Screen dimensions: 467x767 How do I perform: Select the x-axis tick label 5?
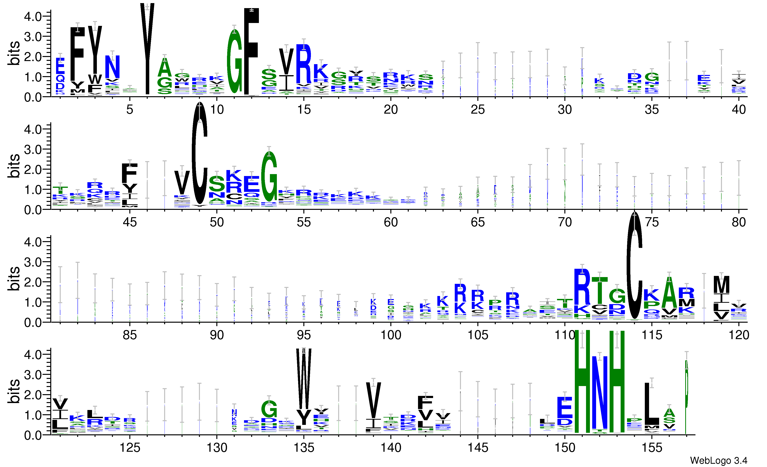pyautogui.click(x=130, y=110)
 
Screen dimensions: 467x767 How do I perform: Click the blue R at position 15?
pyautogui.click(x=304, y=64)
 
